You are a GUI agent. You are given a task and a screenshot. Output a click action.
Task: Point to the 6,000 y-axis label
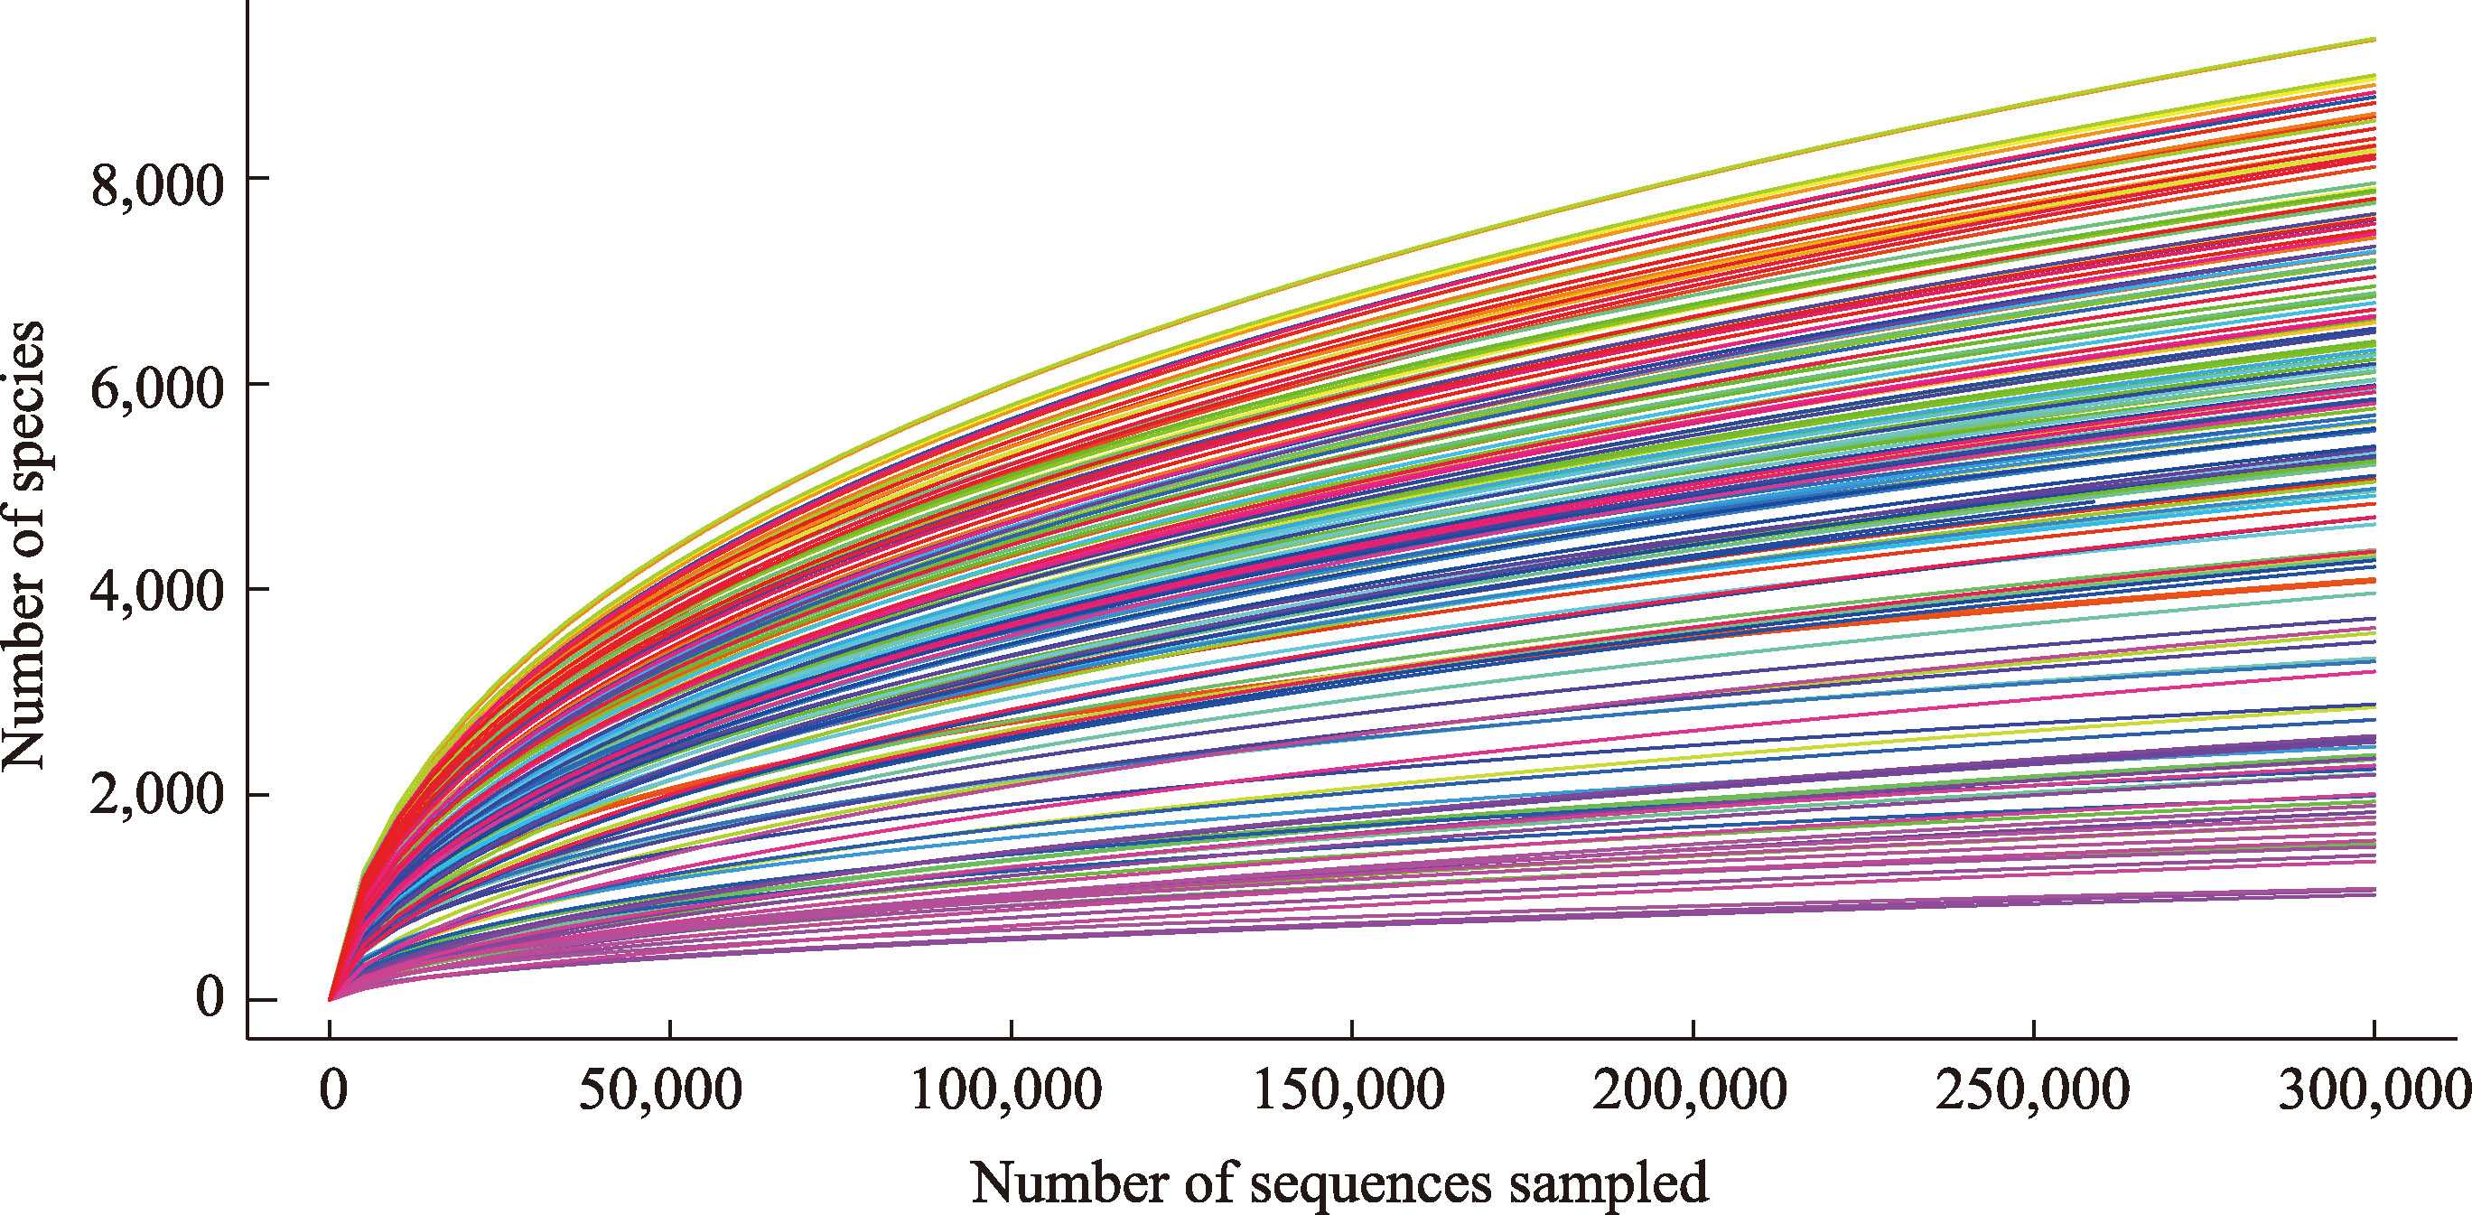point(157,388)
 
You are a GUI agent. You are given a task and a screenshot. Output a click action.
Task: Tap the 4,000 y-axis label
point(157,593)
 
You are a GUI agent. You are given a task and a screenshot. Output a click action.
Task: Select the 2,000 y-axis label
point(157,797)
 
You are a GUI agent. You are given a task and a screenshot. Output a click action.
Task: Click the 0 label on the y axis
point(210,998)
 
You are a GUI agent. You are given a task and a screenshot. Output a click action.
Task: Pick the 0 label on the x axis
point(332,1092)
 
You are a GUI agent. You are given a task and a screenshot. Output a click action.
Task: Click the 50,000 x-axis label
point(660,1092)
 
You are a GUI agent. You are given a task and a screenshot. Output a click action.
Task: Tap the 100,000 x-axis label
point(1006,1092)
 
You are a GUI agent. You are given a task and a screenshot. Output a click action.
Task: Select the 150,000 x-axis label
point(1348,1092)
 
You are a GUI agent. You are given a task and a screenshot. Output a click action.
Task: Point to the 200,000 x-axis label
point(1690,1092)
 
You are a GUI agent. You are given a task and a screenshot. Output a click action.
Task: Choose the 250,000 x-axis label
point(2031,1092)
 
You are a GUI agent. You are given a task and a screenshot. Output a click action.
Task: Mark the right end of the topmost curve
point(2374,40)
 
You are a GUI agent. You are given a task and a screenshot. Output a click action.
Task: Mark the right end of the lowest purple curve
point(2374,895)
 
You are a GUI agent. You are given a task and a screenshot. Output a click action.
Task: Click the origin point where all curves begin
point(331,1000)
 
